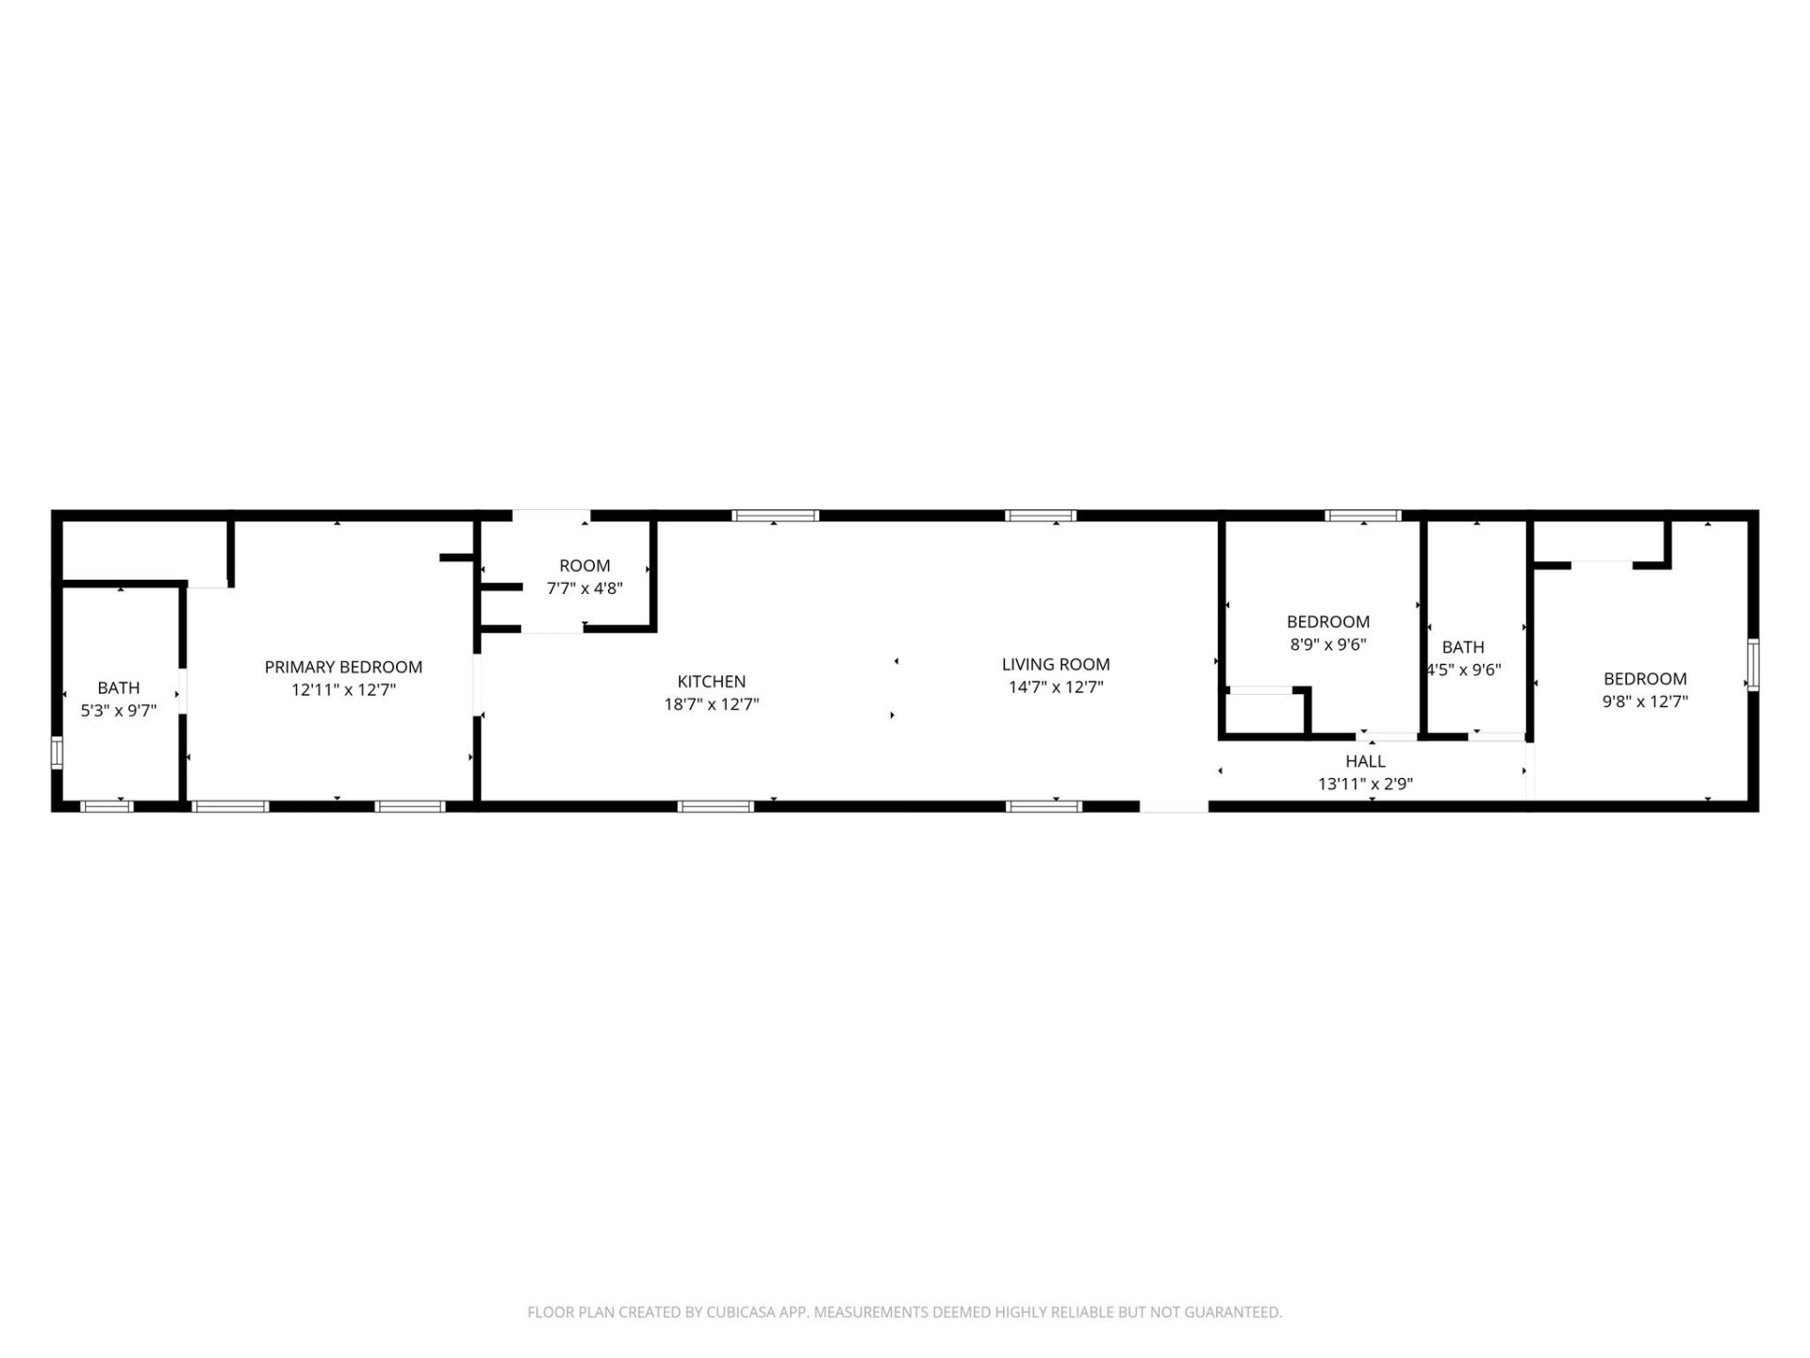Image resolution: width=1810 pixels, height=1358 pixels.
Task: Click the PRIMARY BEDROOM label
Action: [343, 667]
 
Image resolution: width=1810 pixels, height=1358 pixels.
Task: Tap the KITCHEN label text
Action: [711, 681]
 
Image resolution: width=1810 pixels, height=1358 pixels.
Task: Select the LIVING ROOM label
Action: [1055, 664]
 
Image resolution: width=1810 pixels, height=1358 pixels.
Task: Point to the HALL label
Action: [1364, 761]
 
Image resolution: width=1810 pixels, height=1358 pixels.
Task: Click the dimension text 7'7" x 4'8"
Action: [584, 588]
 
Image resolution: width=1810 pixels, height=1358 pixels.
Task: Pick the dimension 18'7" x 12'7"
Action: [711, 704]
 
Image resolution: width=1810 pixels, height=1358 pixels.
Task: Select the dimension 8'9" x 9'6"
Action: [1327, 645]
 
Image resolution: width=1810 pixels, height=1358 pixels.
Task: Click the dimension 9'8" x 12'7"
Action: [1644, 702]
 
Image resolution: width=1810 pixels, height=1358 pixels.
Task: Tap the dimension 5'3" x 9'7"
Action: [118, 711]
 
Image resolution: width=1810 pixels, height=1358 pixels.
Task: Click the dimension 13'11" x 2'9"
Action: [1364, 784]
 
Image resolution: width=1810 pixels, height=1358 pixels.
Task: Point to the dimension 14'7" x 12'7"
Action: [1055, 687]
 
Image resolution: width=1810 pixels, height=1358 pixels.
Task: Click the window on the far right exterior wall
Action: [1752, 664]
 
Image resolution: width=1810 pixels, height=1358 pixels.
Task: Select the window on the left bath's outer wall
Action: [57, 753]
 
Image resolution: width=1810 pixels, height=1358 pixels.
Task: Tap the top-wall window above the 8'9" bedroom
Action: [1362, 516]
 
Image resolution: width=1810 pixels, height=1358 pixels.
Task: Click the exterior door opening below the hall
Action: [1174, 806]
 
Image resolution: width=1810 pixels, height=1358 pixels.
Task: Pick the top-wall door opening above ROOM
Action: [551, 516]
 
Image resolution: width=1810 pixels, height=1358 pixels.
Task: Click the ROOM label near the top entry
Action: [584, 566]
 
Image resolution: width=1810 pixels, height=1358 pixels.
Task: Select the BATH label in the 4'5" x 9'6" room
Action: [1462, 647]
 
